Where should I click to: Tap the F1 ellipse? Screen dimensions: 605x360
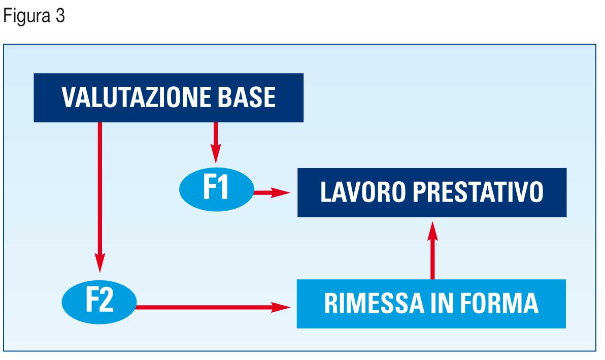[217, 189]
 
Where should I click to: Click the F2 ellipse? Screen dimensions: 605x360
[99, 302]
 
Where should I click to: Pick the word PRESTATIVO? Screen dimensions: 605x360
[478, 192]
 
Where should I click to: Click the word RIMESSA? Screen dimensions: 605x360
[374, 303]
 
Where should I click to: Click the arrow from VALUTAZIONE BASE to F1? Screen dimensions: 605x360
[216, 142]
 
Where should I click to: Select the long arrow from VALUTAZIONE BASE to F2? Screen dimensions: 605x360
[100, 197]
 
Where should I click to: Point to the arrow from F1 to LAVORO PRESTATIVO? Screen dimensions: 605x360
[272, 192]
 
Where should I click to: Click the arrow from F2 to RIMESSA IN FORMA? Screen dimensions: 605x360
[213, 307]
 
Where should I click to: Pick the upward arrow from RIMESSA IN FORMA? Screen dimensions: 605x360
[432, 250]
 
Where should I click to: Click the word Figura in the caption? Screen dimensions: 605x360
[27, 17]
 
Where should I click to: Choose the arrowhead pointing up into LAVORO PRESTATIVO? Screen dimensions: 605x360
[432, 231]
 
